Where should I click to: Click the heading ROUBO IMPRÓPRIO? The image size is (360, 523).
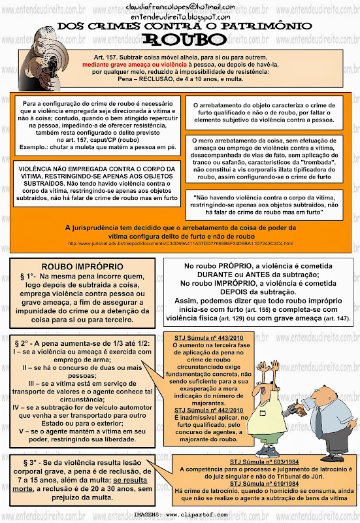tap(82, 267)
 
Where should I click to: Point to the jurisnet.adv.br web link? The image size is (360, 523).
tap(180, 243)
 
